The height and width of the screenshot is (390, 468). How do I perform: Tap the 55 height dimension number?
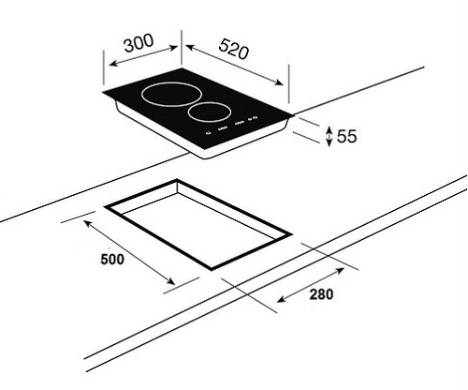pyautogui.click(x=346, y=137)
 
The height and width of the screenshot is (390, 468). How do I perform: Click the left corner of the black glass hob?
pyautogui.click(x=103, y=97)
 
